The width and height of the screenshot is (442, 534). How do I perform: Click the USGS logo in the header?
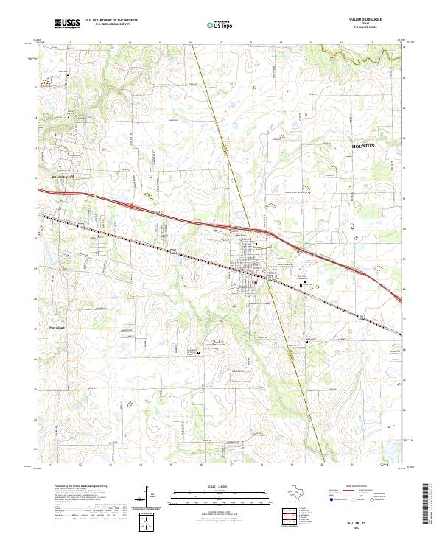[x=67, y=24]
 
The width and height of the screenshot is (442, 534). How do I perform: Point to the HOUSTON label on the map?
[x=359, y=147]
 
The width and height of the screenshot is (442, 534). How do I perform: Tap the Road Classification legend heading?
[x=356, y=487]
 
